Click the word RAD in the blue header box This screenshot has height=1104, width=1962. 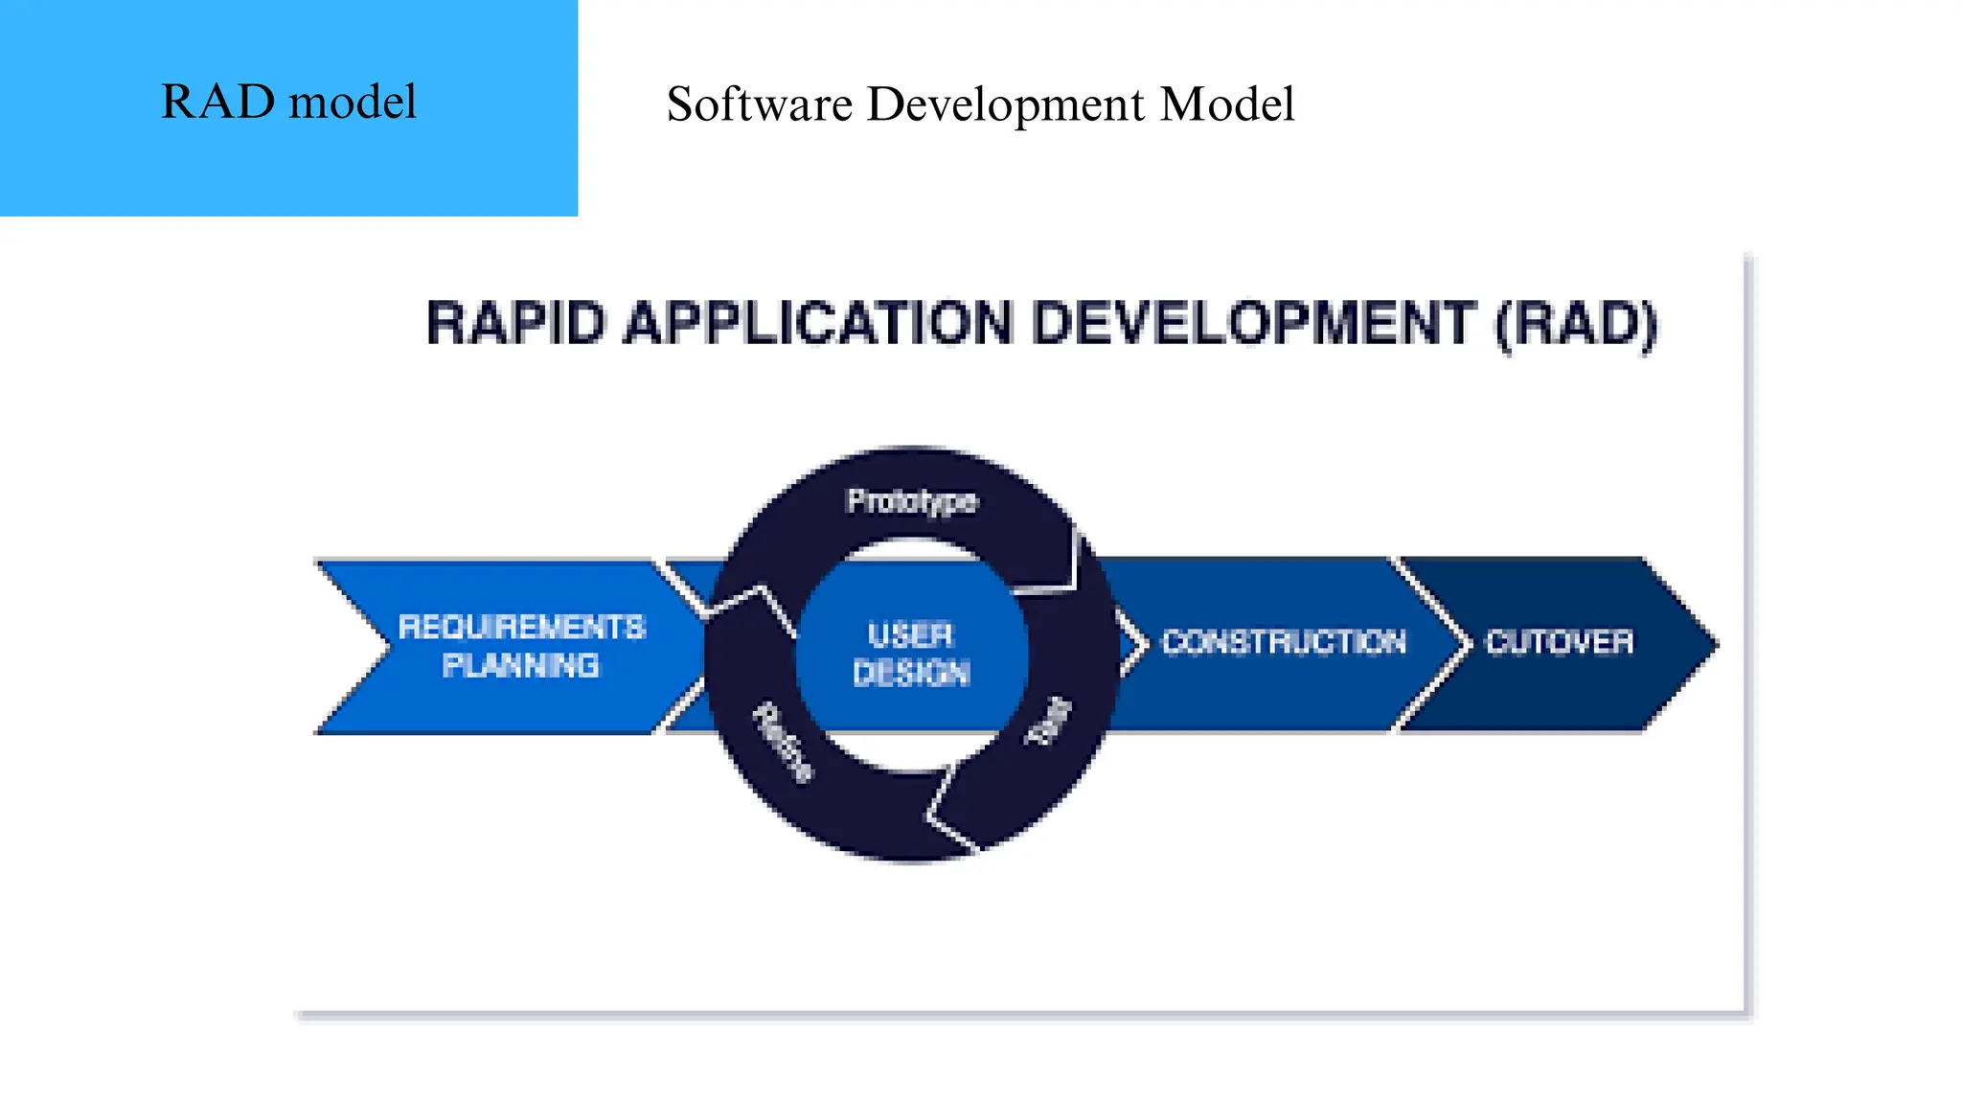[x=217, y=102]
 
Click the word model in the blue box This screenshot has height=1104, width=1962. [x=352, y=102]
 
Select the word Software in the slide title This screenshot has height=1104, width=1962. [x=759, y=103]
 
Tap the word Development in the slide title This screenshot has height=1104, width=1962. [x=1005, y=103]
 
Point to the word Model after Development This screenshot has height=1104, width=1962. [x=1226, y=103]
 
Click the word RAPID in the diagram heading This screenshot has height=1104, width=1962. [x=516, y=323]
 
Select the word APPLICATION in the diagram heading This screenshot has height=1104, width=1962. [x=818, y=323]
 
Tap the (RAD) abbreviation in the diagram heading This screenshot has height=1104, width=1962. [x=1577, y=324]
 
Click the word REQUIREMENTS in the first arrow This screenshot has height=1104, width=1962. [x=522, y=627]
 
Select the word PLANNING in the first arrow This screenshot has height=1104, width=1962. [x=521, y=665]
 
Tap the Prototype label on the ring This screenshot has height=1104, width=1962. [x=912, y=501]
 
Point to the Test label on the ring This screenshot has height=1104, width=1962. [x=1048, y=721]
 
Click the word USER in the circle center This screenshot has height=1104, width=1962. [x=911, y=634]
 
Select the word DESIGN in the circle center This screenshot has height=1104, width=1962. [x=911, y=673]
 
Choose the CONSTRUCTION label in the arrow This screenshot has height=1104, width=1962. [x=1284, y=641]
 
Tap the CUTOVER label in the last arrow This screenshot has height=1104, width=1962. [x=1559, y=641]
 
